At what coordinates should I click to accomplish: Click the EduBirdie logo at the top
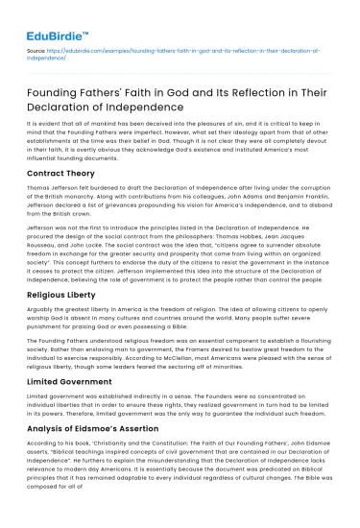[51, 15]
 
